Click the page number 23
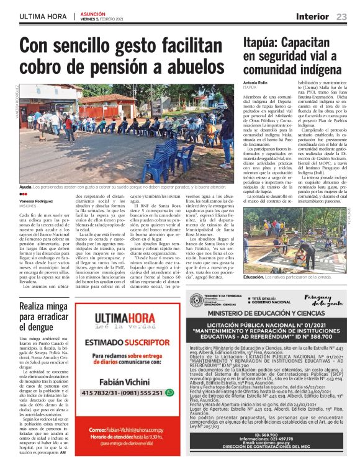342,16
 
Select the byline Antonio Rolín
257,83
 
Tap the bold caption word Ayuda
25,186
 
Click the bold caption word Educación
253,277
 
